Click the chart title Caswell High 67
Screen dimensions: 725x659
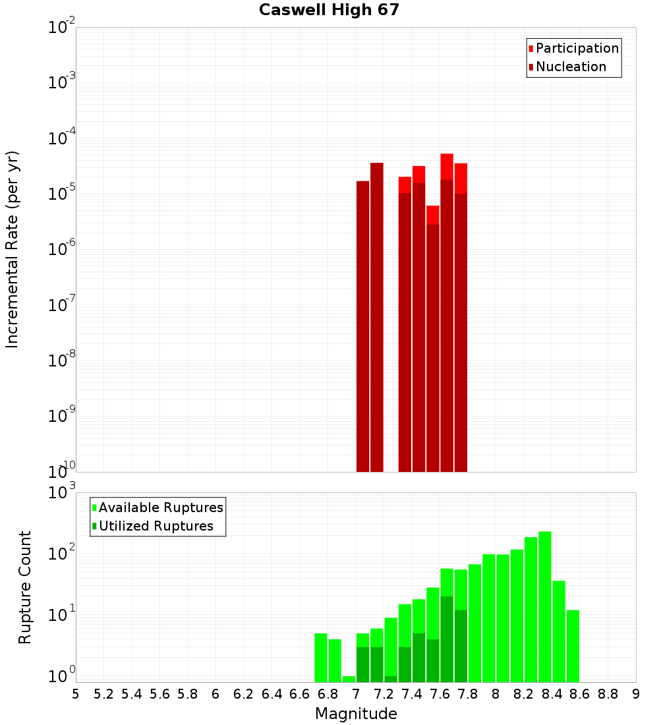click(329, 10)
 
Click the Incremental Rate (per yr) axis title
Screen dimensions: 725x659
click(13, 249)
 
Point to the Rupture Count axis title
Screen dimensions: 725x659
click(25, 587)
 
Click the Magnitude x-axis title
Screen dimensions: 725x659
click(356, 714)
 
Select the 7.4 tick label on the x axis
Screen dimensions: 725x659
click(412, 693)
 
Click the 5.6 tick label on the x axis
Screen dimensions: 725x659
click(159, 693)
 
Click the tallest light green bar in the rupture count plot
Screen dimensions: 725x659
click(545, 606)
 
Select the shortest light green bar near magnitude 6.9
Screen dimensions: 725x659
click(349, 679)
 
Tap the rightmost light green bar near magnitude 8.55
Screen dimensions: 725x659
click(573, 646)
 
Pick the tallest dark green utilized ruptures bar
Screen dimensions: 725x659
click(447, 639)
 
